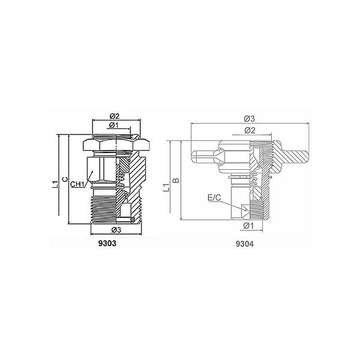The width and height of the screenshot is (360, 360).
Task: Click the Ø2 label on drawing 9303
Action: tap(115, 116)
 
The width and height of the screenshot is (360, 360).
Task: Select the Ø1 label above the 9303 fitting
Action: tap(114, 125)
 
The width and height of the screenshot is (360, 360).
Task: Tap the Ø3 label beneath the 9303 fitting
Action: tap(116, 230)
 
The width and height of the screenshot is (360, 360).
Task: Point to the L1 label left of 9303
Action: tap(55, 184)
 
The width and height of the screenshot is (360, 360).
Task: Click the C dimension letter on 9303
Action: tap(65, 179)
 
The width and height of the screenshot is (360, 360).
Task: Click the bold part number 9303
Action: tap(107, 244)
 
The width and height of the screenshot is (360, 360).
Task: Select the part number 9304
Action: tap(245, 244)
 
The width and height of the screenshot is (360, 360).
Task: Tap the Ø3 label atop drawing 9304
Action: tap(250, 119)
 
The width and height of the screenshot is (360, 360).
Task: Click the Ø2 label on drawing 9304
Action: tap(250, 130)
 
